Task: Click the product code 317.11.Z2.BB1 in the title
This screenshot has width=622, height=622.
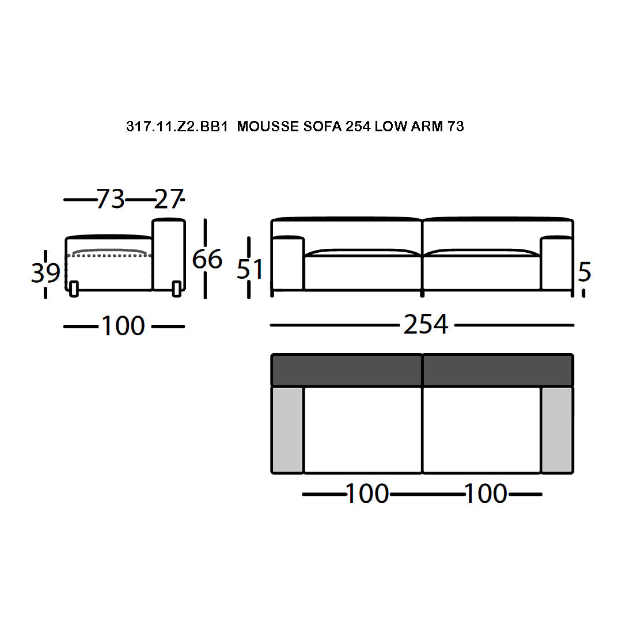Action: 177,127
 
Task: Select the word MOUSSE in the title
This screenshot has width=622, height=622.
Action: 268,127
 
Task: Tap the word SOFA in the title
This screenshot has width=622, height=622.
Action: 323,127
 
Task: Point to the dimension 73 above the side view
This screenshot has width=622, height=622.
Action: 111,199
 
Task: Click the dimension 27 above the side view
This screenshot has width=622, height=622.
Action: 168,199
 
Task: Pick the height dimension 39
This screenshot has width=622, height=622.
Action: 45,273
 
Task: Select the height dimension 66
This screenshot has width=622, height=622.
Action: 207,259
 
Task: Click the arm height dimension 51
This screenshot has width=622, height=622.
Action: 249,269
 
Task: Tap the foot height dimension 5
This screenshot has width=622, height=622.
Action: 585,272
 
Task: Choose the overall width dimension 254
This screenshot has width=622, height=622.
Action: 426,324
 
